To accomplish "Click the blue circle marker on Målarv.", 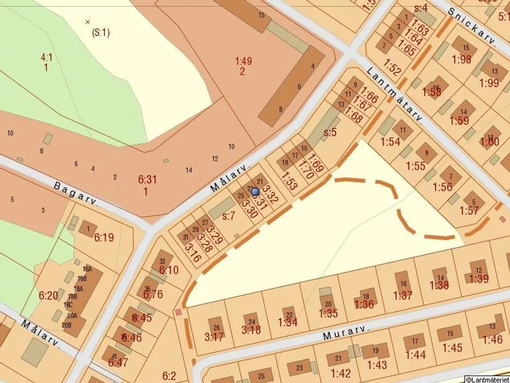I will click(255, 192).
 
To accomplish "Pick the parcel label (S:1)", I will click(100, 33).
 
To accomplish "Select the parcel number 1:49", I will click(243, 61).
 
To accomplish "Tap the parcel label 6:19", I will click(104, 238).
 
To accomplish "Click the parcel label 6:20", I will click(48, 295).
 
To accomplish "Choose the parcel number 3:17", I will click(214, 337).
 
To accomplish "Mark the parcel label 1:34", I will click(287, 322).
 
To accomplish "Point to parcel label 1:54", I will click(390, 142).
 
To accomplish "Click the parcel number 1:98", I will click(461, 59).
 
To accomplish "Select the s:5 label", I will click(330, 132).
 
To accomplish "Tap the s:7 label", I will click(229, 216).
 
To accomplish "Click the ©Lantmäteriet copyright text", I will click(487, 379).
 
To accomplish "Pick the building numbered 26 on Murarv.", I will click(216, 328).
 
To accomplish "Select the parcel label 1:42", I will click(341, 373).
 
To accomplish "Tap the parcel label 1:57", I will click(469, 210).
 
